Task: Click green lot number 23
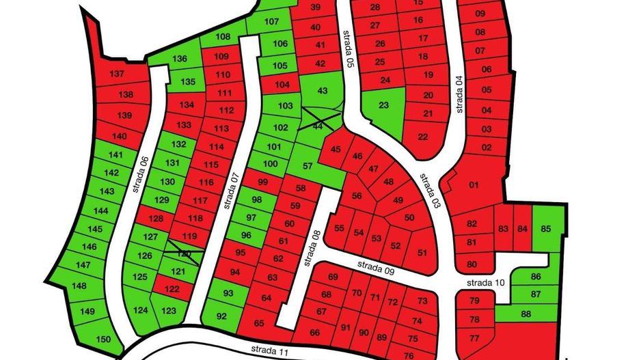[383, 105]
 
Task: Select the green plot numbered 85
[545, 229]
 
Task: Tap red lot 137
[117, 74]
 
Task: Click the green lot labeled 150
[103, 340]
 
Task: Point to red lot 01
[474, 184]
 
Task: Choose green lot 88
[526, 314]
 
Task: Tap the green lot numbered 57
[308, 166]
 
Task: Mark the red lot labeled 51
[422, 253]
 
